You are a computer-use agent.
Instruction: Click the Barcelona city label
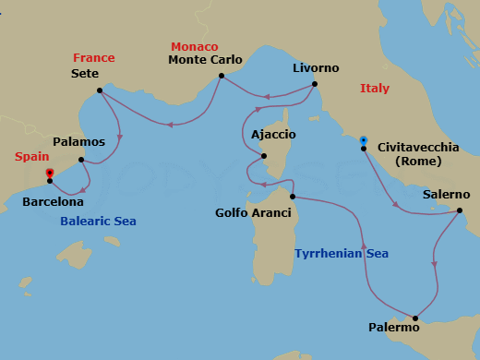click(54, 201)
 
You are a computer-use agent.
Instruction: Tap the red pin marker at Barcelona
click(50, 173)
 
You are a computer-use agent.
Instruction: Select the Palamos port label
click(78, 142)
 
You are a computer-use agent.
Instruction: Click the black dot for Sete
click(100, 90)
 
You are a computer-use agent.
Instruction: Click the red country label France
click(94, 58)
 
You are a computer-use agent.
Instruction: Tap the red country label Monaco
click(194, 46)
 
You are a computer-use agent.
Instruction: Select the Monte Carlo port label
click(205, 60)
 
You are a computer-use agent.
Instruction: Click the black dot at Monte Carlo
click(222, 77)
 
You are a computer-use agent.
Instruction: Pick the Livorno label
click(316, 68)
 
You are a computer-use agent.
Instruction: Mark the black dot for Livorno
click(315, 84)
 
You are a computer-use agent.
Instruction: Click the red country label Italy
click(375, 89)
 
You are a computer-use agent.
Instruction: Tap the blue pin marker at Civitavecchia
click(364, 140)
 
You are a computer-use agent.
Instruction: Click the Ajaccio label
click(273, 135)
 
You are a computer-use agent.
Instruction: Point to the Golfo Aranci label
click(253, 213)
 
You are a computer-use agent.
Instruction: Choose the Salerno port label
click(447, 195)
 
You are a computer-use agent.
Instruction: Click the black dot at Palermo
click(415, 318)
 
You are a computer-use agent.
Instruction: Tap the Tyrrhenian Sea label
click(342, 254)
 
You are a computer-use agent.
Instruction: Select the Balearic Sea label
click(98, 222)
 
